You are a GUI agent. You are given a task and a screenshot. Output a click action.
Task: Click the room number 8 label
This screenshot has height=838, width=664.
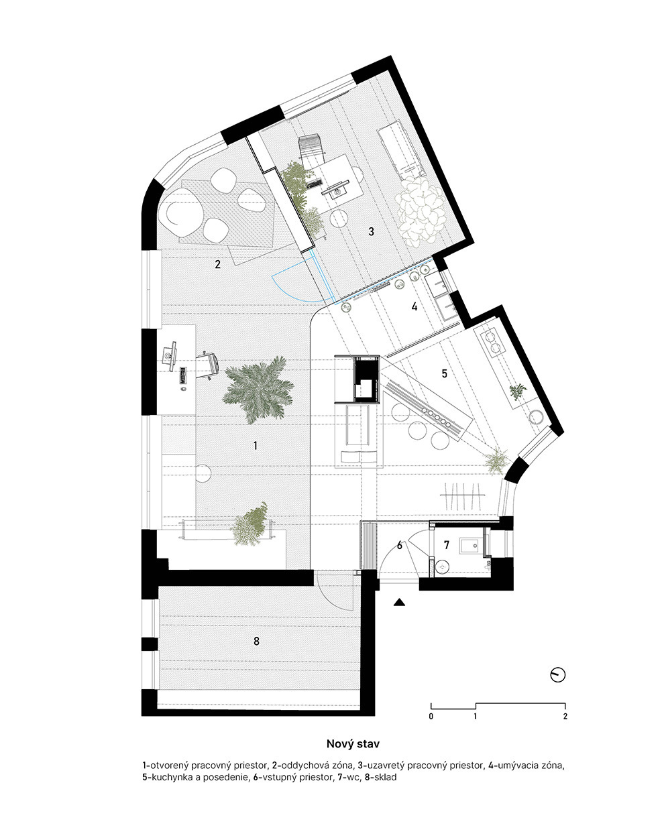point(256,641)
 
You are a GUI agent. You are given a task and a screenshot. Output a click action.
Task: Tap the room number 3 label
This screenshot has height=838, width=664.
point(371,231)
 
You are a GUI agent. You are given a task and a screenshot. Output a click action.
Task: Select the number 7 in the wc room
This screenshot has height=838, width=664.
point(447,545)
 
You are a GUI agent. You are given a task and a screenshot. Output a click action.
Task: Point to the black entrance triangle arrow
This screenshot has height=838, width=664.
point(400,603)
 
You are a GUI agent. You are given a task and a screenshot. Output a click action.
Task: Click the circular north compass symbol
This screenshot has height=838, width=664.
point(558,675)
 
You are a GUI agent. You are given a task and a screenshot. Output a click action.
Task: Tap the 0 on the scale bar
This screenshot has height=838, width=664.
point(431,716)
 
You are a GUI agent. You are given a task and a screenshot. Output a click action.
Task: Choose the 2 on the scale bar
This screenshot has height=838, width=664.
point(565,716)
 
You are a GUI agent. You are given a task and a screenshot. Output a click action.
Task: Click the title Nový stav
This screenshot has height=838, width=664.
point(353,744)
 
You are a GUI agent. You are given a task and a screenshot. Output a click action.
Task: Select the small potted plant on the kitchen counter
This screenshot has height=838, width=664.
point(518,391)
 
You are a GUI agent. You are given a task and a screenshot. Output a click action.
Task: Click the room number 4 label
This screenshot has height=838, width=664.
point(414,307)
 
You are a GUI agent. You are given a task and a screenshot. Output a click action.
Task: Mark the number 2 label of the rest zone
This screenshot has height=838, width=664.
point(217,264)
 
